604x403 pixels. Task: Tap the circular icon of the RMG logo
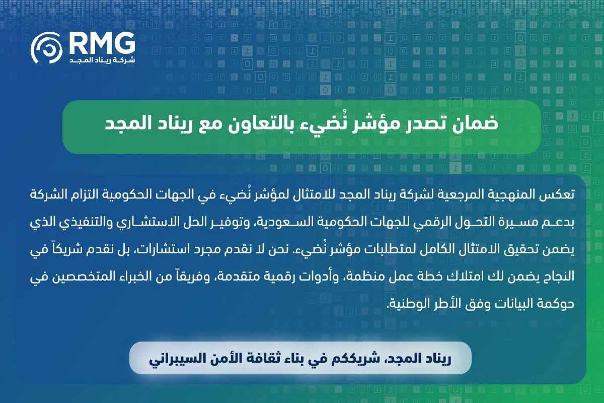(x=46, y=49)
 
